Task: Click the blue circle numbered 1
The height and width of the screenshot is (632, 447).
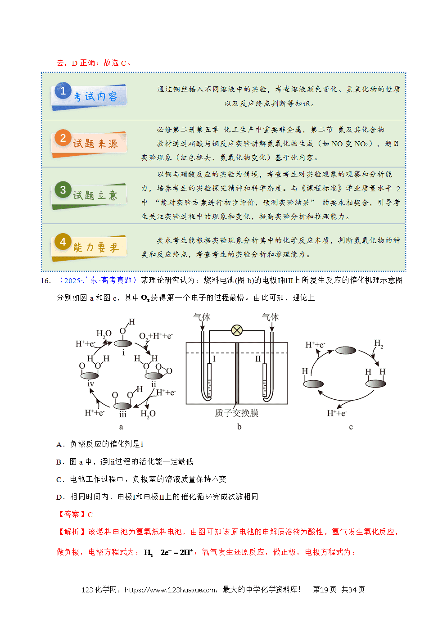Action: (x=63, y=90)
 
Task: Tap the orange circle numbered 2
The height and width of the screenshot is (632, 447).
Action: (x=63, y=138)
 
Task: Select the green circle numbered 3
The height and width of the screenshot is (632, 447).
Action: (x=63, y=190)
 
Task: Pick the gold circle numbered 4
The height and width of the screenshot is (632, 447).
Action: (x=63, y=242)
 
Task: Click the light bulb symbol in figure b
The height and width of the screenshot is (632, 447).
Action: (x=237, y=330)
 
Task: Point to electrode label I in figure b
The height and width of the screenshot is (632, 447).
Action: (x=214, y=359)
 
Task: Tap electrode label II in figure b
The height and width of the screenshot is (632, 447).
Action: (x=258, y=359)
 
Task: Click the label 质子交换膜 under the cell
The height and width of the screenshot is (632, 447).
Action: (x=236, y=413)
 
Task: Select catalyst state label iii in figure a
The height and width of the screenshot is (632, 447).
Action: (x=123, y=414)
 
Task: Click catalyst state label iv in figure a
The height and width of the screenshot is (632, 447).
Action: (x=90, y=384)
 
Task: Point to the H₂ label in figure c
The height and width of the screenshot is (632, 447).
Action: (x=379, y=343)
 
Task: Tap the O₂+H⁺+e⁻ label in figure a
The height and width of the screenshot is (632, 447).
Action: (x=156, y=336)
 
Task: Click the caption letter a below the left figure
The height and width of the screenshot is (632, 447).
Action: (x=121, y=427)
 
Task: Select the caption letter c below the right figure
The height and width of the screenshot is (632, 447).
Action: (x=351, y=427)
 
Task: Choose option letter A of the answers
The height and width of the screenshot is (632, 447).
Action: (x=59, y=445)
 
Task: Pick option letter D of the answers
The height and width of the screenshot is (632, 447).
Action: (x=59, y=497)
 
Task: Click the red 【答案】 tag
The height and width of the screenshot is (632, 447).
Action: (x=72, y=515)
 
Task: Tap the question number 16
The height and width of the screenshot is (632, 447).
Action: (x=46, y=281)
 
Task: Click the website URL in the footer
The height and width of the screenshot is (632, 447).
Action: (x=170, y=590)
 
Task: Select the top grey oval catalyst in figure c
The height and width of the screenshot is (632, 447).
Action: (x=346, y=350)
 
